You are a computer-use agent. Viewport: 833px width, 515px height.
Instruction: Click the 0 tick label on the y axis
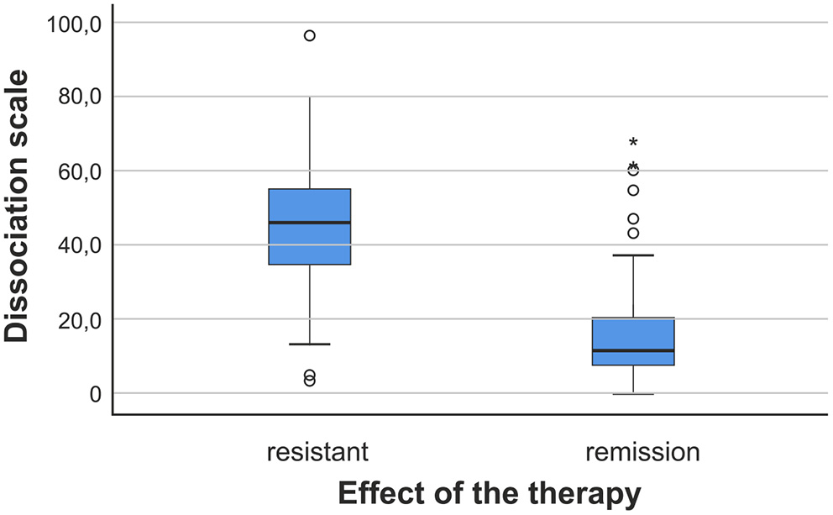pyautogui.click(x=95, y=394)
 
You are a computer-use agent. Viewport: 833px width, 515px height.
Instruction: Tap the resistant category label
pyautogui.click(x=317, y=452)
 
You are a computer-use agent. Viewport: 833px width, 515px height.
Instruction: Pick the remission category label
pyautogui.click(x=642, y=452)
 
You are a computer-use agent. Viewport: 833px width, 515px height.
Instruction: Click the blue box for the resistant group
pyautogui.click(x=309, y=244)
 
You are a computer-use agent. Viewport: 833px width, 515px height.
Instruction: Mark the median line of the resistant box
pyautogui.click(x=309, y=223)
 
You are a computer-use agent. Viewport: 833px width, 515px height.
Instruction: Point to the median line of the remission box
pyautogui.click(x=633, y=350)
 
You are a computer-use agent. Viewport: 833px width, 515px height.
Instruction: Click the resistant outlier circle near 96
pyautogui.click(x=309, y=35)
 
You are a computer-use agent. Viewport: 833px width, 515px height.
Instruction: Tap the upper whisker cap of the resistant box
pyautogui.click(x=309, y=97)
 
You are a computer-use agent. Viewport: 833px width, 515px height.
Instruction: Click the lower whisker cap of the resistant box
pyautogui.click(x=309, y=344)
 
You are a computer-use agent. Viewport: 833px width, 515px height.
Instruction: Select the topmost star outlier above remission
pyautogui.click(x=633, y=142)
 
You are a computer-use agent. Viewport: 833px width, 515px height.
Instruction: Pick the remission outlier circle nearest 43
pyautogui.click(x=633, y=233)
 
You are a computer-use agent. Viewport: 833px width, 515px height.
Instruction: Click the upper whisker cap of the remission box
pyautogui.click(x=633, y=255)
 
